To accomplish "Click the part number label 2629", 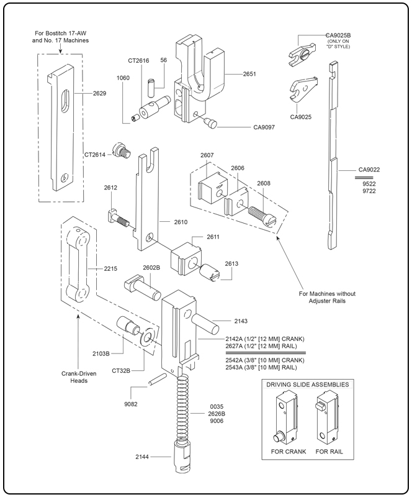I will point(99,93).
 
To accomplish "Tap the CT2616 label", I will point(138,60).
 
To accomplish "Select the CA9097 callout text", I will point(264,128).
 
